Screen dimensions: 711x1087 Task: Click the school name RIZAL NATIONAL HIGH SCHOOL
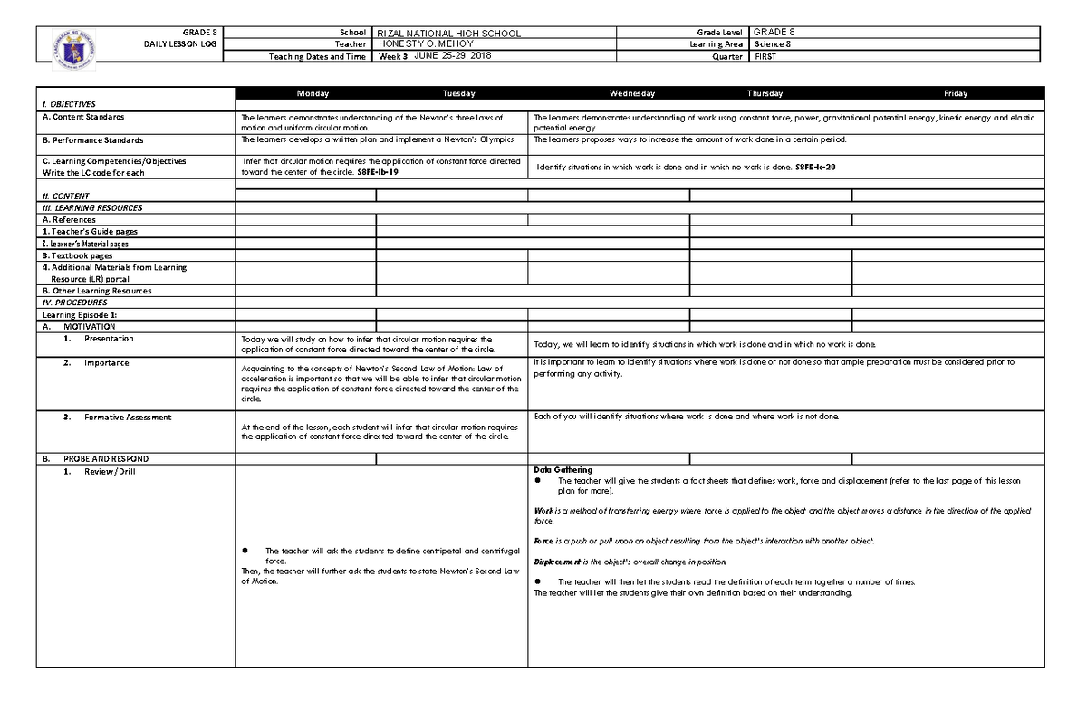click(x=448, y=34)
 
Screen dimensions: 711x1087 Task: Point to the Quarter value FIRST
click(x=765, y=56)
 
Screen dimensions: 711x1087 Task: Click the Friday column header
click(x=955, y=93)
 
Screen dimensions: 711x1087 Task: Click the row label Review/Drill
click(x=108, y=472)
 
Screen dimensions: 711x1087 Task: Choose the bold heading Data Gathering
click(x=563, y=470)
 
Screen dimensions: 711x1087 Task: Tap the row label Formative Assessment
click(x=127, y=418)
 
